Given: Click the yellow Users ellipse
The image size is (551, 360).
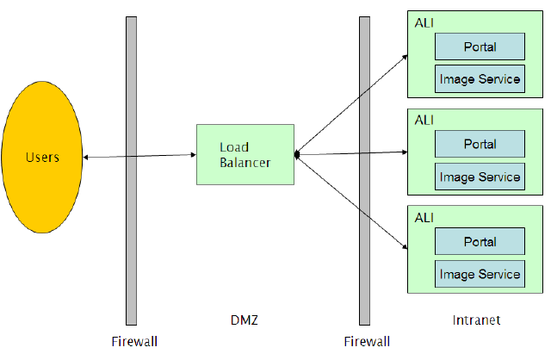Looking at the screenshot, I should pyautogui.click(x=42, y=157).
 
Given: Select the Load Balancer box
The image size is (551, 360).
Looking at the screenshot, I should pyautogui.click(x=245, y=154).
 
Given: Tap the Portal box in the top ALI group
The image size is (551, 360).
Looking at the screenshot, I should pyautogui.click(x=480, y=46).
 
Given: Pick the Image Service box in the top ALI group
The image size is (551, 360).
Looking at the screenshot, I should pyautogui.click(x=480, y=79).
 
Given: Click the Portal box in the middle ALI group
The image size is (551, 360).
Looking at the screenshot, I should pyautogui.click(x=480, y=144).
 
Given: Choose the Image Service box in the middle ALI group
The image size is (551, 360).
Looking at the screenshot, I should pyautogui.click(x=480, y=177).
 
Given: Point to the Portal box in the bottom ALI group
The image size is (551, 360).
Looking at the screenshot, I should pyautogui.click(x=480, y=241).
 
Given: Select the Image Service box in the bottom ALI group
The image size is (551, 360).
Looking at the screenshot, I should pyautogui.click(x=480, y=275).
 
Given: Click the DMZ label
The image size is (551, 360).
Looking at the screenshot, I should pyautogui.click(x=245, y=321).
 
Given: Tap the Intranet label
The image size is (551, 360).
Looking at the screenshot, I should pyautogui.click(x=476, y=321).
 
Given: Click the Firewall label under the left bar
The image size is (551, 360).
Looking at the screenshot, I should pyautogui.click(x=134, y=342).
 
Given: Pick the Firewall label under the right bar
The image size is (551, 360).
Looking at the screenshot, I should pyautogui.click(x=367, y=342).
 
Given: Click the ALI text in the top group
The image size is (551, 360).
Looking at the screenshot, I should pyautogui.click(x=424, y=20).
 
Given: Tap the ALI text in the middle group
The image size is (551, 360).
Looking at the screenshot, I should pyautogui.click(x=424, y=118).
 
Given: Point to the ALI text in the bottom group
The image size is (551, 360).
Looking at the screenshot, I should pyautogui.click(x=424, y=215).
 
